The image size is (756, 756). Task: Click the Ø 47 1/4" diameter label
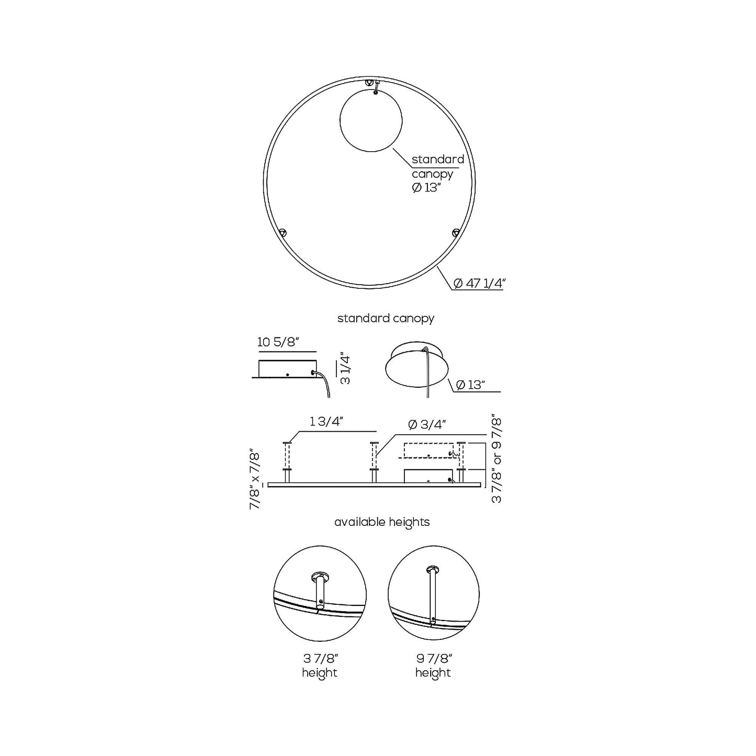click(x=479, y=283)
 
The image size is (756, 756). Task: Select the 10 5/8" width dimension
click(x=278, y=342)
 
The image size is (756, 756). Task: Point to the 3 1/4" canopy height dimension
click(x=345, y=370)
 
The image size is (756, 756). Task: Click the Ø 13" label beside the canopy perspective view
click(x=470, y=385)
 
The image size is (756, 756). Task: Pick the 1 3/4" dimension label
click(x=326, y=422)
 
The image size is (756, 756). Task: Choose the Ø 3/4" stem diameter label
click(x=427, y=424)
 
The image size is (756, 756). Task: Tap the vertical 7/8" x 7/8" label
click(x=255, y=479)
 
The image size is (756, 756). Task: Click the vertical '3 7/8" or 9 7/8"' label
click(x=497, y=460)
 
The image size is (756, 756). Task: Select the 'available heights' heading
click(x=382, y=522)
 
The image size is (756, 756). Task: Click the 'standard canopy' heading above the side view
click(x=386, y=318)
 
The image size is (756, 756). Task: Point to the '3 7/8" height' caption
click(x=320, y=665)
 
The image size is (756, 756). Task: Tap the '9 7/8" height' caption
click(x=433, y=665)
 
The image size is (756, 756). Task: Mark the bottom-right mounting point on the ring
click(x=455, y=232)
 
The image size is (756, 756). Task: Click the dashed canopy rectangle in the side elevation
click(x=428, y=450)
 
